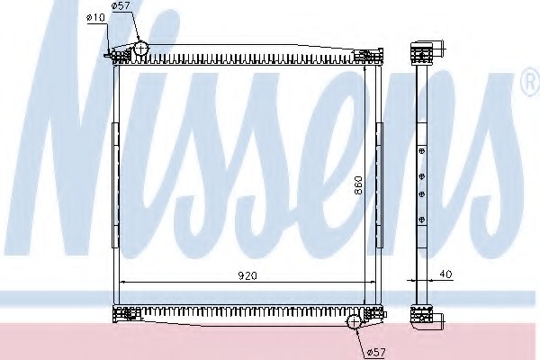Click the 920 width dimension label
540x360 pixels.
(247, 275)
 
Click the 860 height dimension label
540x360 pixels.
(358, 185)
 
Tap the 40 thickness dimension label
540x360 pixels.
(445, 274)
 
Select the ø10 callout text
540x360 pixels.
(96, 17)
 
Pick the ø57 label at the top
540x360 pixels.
(121, 5)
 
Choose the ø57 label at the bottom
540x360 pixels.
(376, 352)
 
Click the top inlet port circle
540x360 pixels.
(140, 48)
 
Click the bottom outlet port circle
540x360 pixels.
(354, 322)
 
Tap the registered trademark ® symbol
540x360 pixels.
(532, 82)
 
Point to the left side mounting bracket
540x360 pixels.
(115, 185)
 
